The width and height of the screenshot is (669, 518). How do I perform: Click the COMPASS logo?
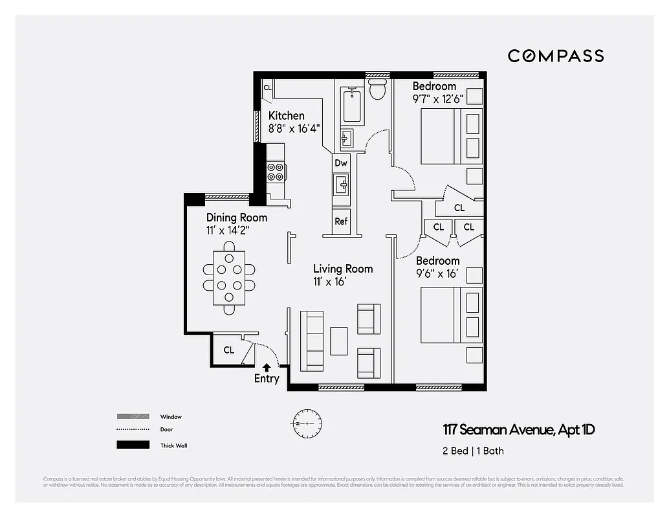pyautogui.click(x=555, y=56)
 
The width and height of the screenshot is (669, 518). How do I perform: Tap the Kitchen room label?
pyautogui.click(x=286, y=116)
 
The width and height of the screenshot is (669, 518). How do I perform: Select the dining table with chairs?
pyautogui.click(x=229, y=278)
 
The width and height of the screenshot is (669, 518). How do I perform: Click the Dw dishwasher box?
pyautogui.click(x=341, y=163)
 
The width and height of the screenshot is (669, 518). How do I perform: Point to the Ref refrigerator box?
pyautogui.click(x=341, y=221)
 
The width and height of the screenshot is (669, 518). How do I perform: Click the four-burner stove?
pyautogui.click(x=276, y=172)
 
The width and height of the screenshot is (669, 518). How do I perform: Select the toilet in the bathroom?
pyautogui.click(x=377, y=90)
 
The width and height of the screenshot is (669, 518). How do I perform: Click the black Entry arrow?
pyautogui.click(x=267, y=367)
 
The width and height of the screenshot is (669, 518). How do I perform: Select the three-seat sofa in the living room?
pyautogui.click(x=312, y=340)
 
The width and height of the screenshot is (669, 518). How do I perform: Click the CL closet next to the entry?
pyautogui.click(x=229, y=350)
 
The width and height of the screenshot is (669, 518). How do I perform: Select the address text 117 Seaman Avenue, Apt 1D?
pyautogui.click(x=518, y=430)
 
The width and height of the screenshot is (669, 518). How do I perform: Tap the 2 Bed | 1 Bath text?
pyautogui.click(x=473, y=451)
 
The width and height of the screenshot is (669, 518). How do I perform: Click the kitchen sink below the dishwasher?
pyautogui.click(x=341, y=185)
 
